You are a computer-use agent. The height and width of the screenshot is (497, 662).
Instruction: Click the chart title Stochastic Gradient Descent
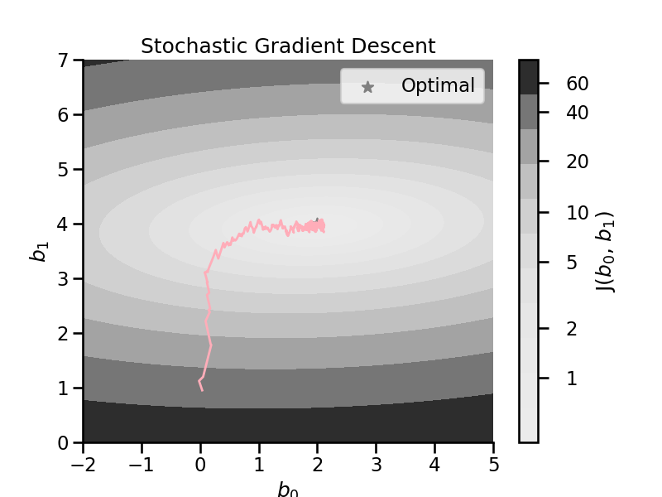click(288, 46)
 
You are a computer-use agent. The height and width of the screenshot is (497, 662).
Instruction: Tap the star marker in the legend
click(367, 87)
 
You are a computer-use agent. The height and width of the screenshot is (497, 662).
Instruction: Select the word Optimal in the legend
click(438, 85)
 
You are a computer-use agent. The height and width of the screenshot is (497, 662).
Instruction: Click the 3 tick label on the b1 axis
click(64, 279)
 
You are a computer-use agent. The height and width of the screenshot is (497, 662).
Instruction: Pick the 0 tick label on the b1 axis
click(64, 443)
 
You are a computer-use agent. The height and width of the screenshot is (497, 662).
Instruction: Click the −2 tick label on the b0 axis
click(84, 465)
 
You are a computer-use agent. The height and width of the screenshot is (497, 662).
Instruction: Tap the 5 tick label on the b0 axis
click(493, 465)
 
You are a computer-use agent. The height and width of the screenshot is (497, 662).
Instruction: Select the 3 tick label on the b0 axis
click(377, 465)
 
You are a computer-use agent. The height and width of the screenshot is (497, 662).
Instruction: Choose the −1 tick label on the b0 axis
click(142, 465)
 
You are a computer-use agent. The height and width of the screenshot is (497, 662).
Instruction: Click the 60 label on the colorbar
click(577, 84)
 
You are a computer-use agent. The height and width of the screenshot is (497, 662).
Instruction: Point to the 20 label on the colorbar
click(577, 162)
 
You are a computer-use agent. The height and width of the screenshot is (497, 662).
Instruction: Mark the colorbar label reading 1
click(572, 379)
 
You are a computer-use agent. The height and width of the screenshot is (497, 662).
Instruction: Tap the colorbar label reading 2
click(572, 328)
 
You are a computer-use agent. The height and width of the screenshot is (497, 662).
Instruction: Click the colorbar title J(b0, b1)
click(605, 252)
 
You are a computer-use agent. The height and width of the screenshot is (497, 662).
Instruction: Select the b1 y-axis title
click(39, 252)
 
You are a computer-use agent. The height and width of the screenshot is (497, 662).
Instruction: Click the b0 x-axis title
click(288, 490)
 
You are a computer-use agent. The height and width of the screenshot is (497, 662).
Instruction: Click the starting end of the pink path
click(202, 391)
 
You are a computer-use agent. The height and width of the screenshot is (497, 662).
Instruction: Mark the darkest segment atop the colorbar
click(529, 77)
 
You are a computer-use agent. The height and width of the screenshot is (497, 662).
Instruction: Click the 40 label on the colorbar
click(577, 113)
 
